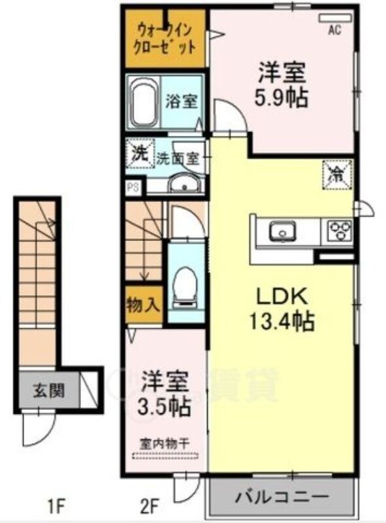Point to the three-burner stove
coord(339,230)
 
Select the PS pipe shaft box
coord(133,186)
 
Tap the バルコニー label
coord(281,499)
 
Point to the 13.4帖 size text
coord(283,321)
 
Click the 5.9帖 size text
coord(281,99)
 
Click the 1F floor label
coord(54,505)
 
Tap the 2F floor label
coord(150,505)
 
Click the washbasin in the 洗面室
coord(185,184)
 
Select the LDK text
coord(281,295)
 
